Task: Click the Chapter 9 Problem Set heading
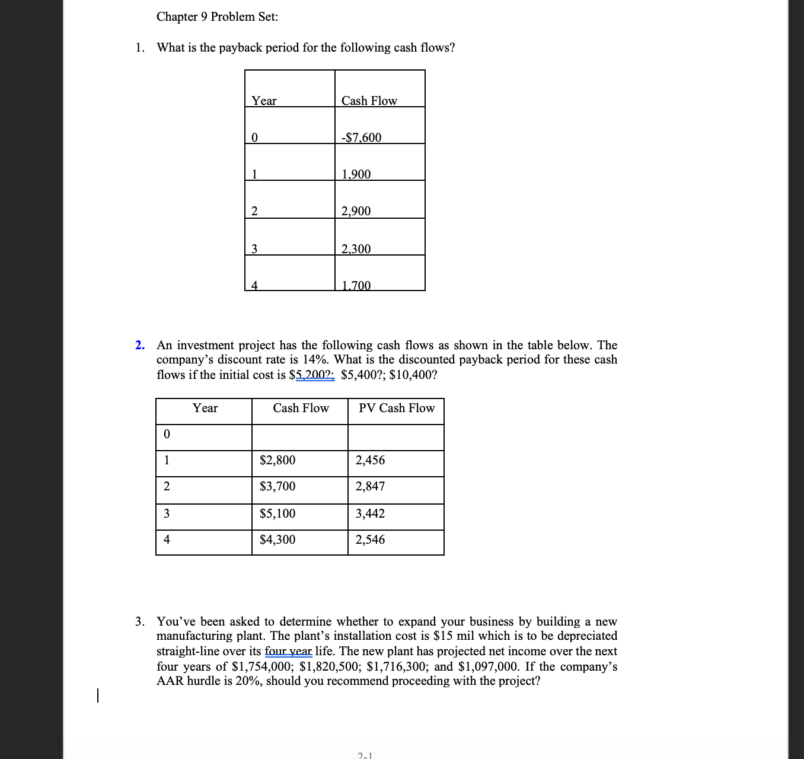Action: [217, 17]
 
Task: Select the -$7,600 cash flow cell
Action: [362, 138]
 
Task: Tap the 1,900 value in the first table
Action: [356, 174]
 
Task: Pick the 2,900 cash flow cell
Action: [356, 211]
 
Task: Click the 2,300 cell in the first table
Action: [356, 249]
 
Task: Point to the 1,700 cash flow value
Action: [356, 285]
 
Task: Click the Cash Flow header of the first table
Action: [369, 101]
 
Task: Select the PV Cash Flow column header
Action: [397, 408]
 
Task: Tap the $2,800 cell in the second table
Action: [277, 460]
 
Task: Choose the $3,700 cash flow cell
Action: [277, 486]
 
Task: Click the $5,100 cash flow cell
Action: [277, 514]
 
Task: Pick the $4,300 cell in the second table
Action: [277, 540]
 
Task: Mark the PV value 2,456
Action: [370, 460]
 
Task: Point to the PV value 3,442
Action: [370, 514]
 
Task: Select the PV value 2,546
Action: [370, 540]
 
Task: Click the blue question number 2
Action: [139, 345]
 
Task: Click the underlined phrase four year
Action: [288, 651]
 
